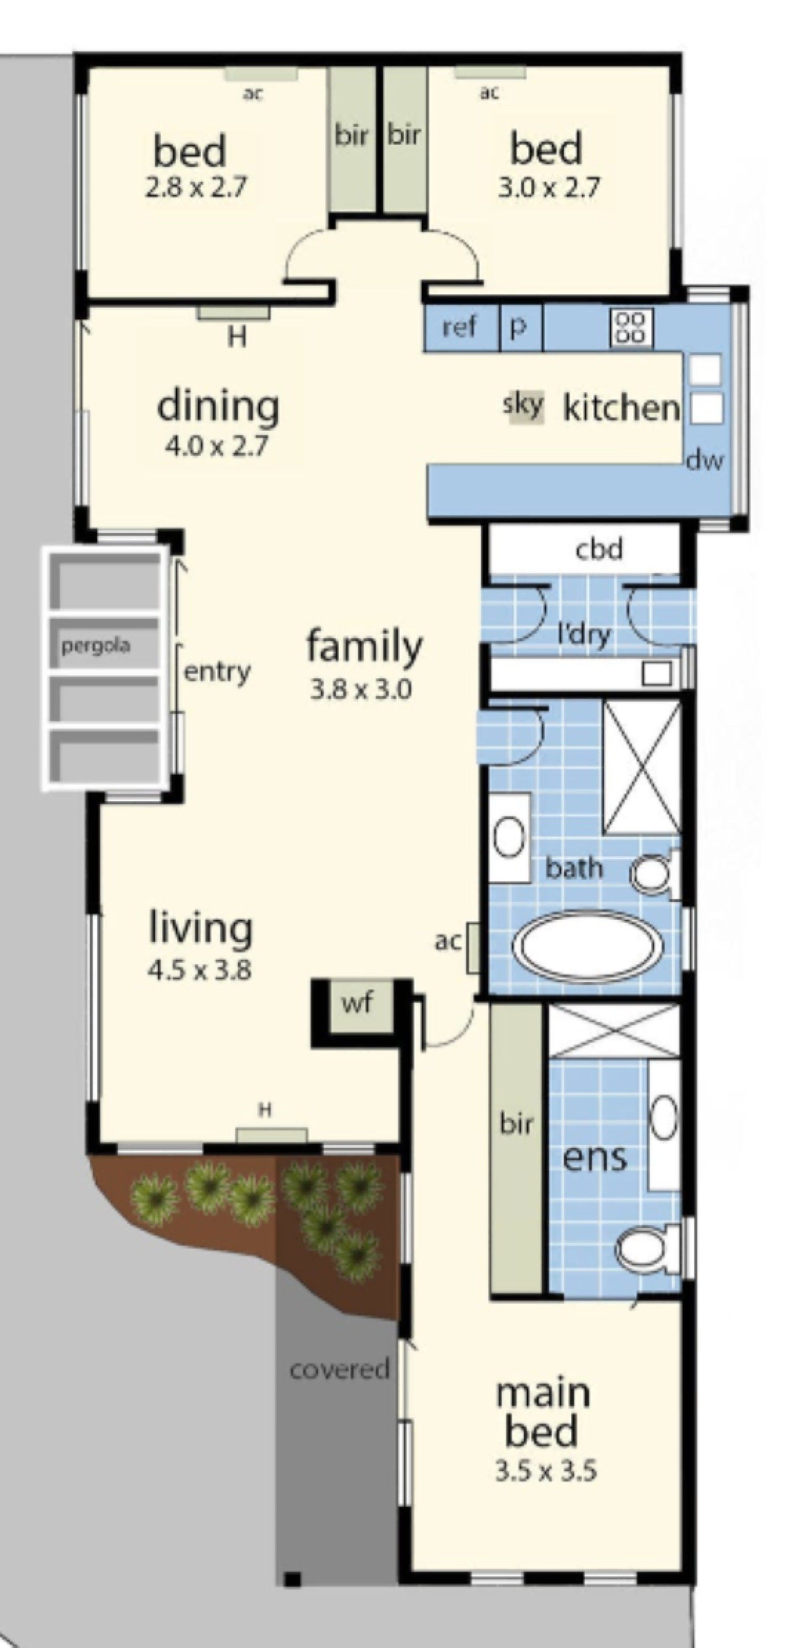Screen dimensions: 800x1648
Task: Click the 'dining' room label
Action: [x=218, y=407]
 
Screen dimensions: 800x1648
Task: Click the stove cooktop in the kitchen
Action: [x=631, y=328]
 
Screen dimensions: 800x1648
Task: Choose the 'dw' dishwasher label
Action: [x=705, y=460]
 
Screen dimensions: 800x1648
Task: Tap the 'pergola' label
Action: [x=96, y=646]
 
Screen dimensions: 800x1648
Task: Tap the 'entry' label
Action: [x=217, y=672]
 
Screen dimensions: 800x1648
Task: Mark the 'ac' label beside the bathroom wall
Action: [x=447, y=941]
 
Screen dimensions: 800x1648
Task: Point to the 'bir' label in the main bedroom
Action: [x=516, y=1123]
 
